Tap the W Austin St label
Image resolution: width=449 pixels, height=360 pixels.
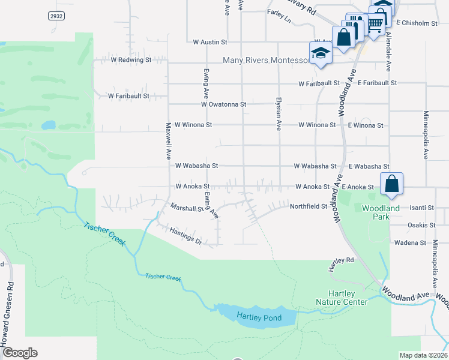click(x=210, y=43)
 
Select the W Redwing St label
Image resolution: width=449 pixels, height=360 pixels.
click(x=131, y=60)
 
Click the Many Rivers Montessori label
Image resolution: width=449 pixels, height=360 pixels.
click(x=265, y=61)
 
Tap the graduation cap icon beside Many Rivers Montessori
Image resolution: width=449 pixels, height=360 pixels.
click(x=321, y=54)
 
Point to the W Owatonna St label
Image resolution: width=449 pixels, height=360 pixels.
click(x=223, y=104)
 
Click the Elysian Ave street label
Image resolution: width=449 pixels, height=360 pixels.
click(x=279, y=114)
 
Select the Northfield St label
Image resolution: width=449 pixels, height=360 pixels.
click(x=309, y=206)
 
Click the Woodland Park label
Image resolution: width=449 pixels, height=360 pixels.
click(x=381, y=212)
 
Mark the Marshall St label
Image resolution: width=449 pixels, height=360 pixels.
click(x=187, y=209)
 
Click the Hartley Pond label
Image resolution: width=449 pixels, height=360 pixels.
click(x=259, y=317)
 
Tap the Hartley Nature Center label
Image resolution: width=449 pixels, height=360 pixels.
click(x=342, y=298)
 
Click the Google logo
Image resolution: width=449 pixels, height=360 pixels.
click(x=19, y=353)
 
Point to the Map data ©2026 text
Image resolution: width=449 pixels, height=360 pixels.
click(x=423, y=355)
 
